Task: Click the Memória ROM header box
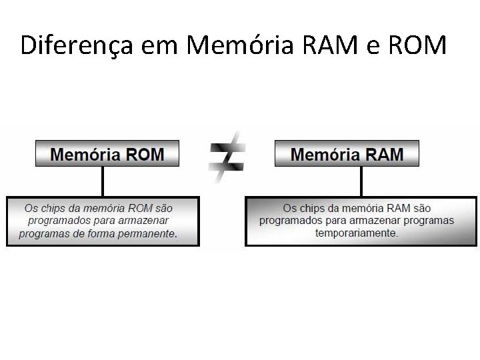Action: (x=107, y=154)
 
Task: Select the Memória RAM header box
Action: (x=347, y=154)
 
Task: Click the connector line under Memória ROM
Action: (x=103, y=181)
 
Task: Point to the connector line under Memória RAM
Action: (x=361, y=181)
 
